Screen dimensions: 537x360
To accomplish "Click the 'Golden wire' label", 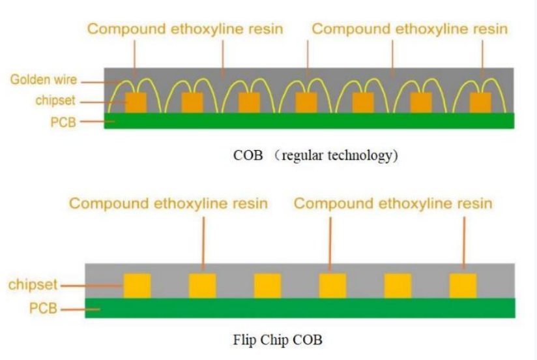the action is click(44, 80).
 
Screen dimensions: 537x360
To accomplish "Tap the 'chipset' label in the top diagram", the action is click(55, 100).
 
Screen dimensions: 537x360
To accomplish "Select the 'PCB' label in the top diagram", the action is click(63, 122).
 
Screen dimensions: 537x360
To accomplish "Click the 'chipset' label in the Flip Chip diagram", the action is click(33, 284).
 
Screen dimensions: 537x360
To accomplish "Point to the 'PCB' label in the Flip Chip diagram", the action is click(43, 308).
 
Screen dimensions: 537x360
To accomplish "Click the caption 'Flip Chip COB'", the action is click(278, 340).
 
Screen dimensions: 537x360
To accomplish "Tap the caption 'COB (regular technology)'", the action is click(315, 155).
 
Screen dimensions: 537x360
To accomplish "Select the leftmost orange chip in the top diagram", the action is click(136, 102).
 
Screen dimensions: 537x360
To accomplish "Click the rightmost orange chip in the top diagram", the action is click(480, 102).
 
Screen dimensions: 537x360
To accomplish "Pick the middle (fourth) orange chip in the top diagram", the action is click(306, 102).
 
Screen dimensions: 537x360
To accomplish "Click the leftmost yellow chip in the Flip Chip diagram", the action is click(137, 286).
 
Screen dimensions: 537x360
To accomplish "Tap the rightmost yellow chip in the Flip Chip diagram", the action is click(463, 286).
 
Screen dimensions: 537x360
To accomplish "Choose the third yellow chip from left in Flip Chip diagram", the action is click(267, 286).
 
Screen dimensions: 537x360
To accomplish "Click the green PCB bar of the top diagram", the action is click(310, 121).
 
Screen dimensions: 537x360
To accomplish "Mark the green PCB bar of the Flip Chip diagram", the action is click(300, 308).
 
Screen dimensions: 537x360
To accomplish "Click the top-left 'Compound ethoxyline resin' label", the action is click(185, 29).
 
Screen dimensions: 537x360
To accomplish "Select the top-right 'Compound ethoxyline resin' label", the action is click(410, 29).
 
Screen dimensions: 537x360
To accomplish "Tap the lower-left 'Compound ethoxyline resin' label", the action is click(168, 203).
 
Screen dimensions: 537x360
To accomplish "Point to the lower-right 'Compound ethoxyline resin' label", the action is click(393, 203).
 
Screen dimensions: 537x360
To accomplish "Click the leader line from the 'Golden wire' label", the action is click(100, 82).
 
